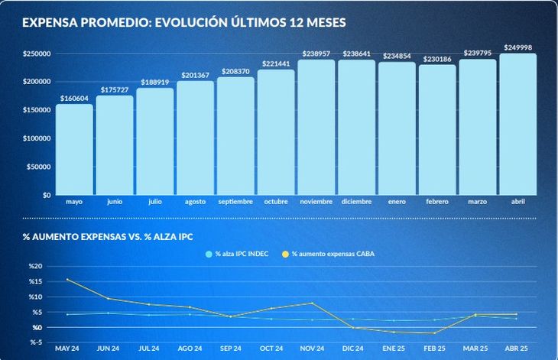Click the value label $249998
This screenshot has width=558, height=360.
pyautogui.click(x=517, y=47)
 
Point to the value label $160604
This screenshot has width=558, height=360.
pyautogui.click(x=74, y=99)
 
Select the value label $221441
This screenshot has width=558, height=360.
pyautogui.click(x=276, y=64)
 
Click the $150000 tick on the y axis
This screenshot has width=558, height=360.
pyautogui.click(x=37, y=110)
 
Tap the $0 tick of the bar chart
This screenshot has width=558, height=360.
pyautogui.click(x=45, y=195)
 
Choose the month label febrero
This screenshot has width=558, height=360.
pyautogui.click(x=437, y=202)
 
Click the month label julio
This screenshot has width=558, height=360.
pyautogui.click(x=155, y=202)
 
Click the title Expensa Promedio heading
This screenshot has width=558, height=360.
pyautogui.click(x=184, y=23)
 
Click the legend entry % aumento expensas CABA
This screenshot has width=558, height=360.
pyautogui.click(x=333, y=253)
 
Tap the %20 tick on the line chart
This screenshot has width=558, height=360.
pyautogui.click(x=37, y=267)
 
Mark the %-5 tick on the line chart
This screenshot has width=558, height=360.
pyautogui.click(x=37, y=342)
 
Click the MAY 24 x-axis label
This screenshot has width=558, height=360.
pyautogui.click(x=67, y=349)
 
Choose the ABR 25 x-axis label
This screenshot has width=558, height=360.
pyautogui.click(x=517, y=349)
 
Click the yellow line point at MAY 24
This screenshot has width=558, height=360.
pyautogui.click(x=67, y=279)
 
